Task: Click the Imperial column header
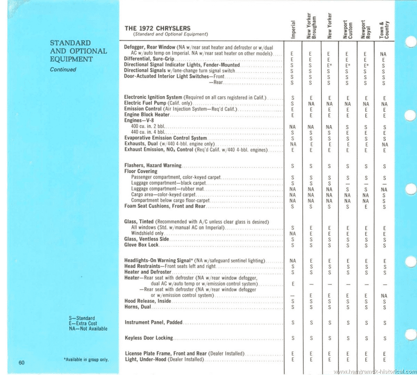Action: tap(292, 29)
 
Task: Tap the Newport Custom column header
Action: tap(347, 29)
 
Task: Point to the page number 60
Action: tap(21, 362)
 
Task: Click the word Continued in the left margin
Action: tap(63, 69)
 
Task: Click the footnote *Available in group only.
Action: tap(86, 360)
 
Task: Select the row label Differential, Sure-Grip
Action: tap(146, 59)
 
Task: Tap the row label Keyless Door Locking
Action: tap(149, 338)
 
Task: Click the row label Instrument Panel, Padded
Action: tap(154, 322)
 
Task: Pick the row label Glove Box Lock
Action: tap(142, 245)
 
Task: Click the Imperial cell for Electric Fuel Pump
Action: tap(292, 104)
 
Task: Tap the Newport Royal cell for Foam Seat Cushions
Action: tap(366, 207)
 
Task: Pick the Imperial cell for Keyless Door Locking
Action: tap(292, 338)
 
